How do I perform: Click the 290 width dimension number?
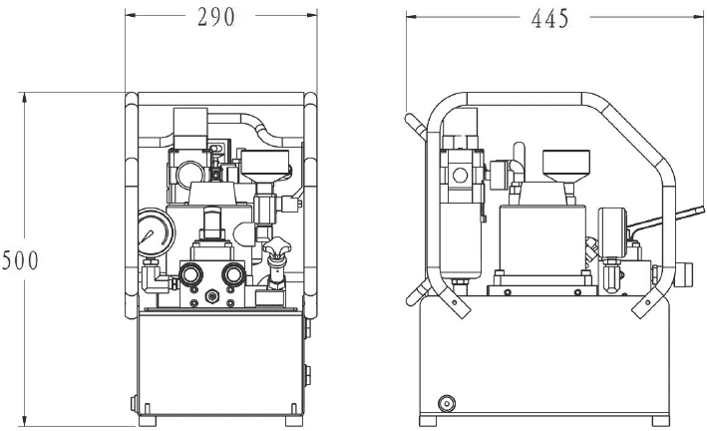click(216, 17)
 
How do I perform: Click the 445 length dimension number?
click(550, 19)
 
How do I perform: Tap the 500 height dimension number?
click(20, 260)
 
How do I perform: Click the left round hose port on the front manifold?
click(190, 273)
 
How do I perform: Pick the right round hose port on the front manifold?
click(233, 273)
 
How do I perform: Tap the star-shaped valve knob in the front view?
click(277, 245)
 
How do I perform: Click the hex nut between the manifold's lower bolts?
click(211, 296)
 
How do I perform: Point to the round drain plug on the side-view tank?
click(447, 403)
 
